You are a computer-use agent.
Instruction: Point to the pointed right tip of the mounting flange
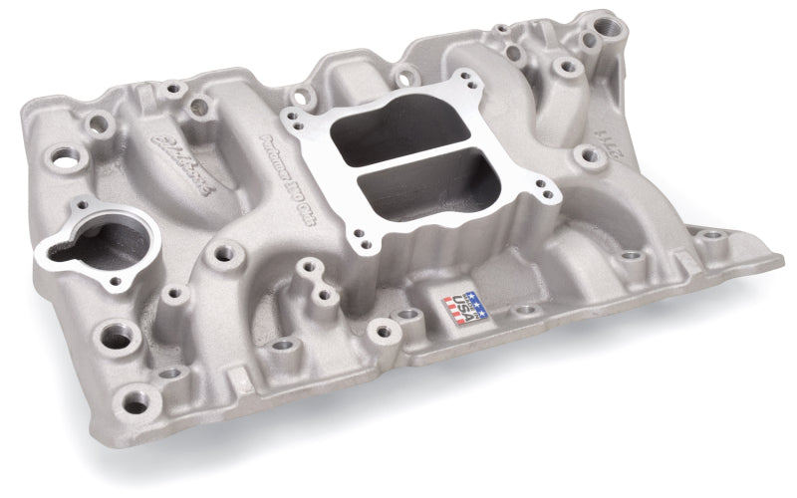pos(781,262)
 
